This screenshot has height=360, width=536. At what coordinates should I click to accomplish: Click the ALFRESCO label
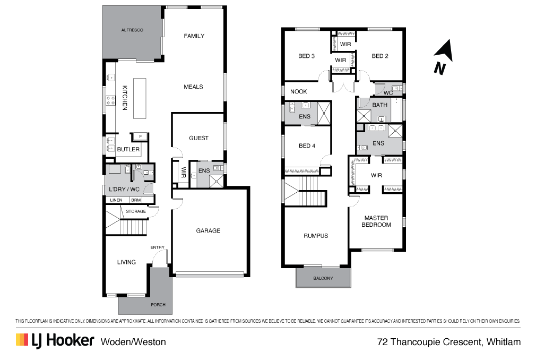point(132,31)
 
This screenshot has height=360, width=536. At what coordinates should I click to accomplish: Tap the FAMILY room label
point(194,36)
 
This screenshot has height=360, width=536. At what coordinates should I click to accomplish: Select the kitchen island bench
point(139,99)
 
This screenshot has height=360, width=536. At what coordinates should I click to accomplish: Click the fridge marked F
point(140,136)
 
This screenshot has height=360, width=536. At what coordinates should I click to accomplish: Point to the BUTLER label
point(128,150)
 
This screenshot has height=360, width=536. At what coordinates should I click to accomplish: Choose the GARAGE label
point(208,231)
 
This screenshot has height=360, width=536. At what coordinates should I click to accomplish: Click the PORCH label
point(158,305)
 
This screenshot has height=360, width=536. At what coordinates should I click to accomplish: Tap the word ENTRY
point(158,247)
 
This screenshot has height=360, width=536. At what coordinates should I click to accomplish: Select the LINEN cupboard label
point(116,200)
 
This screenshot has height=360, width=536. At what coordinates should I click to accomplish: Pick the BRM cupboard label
point(136,200)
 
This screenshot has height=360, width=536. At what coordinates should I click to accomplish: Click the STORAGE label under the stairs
point(136,211)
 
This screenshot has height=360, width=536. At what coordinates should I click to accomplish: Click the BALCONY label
point(323,278)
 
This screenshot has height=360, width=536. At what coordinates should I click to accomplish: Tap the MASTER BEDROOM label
point(376,221)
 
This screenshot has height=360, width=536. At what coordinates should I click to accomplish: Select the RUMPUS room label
point(316,236)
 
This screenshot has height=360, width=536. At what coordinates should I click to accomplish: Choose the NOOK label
point(298,92)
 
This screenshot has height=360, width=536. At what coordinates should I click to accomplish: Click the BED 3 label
point(307,56)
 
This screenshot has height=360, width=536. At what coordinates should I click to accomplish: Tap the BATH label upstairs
point(380,105)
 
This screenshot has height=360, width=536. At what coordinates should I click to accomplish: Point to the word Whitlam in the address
point(503,342)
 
